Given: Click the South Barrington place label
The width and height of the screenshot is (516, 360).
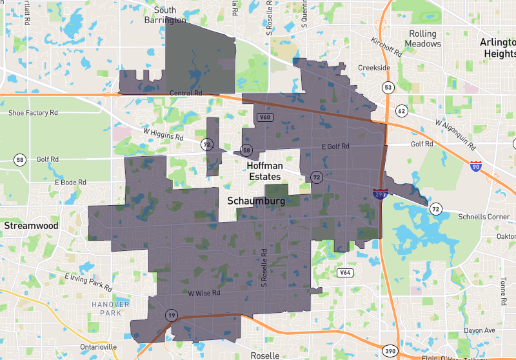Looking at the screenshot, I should tap(165, 15).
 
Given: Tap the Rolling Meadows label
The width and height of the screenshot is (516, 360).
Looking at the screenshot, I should tap(422, 39).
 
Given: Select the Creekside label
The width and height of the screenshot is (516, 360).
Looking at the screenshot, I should tap(374, 68).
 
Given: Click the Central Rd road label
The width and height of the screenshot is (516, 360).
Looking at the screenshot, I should tap(186, 93).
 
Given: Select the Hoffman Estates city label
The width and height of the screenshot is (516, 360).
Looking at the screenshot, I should tap(264, 171).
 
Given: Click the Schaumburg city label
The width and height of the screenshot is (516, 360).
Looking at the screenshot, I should tap(256, 201).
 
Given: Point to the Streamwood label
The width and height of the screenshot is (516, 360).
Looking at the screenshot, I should tap(31, 226).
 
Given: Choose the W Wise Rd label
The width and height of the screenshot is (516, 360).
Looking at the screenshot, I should tap(204, 293).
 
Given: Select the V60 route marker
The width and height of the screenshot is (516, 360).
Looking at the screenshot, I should tap(264, 117).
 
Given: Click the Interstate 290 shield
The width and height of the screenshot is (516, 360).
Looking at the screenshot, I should tap(379, 193).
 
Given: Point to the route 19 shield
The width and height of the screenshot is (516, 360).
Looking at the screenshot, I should tap(171, 315).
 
